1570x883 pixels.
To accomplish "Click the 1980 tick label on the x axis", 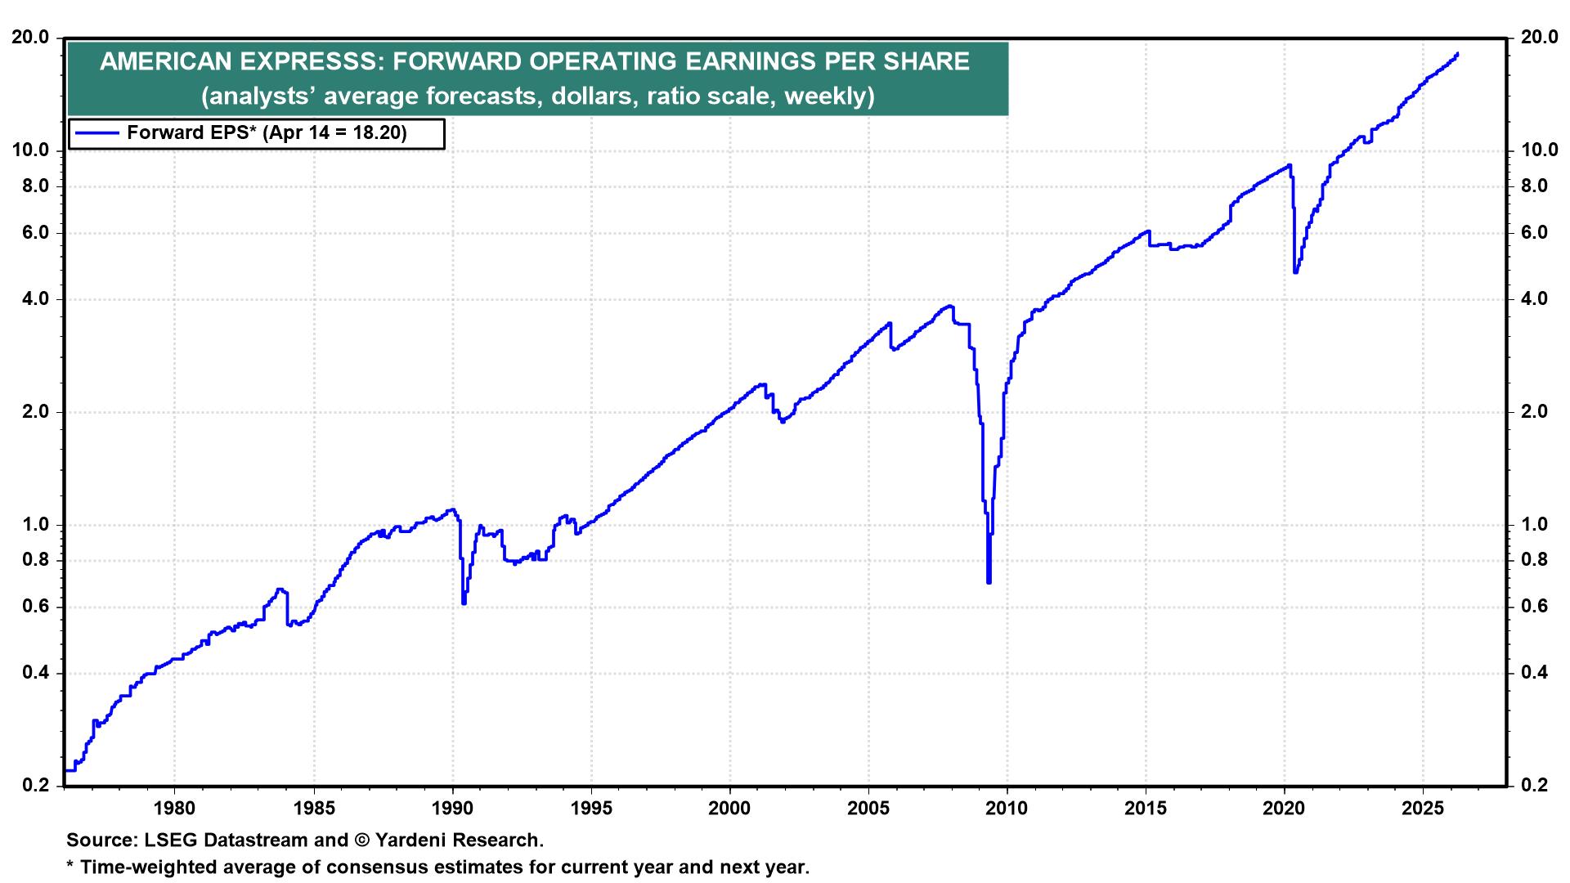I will coord(174,809).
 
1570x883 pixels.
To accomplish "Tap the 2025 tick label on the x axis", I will coord(1423,809).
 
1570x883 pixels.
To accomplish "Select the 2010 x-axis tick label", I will coord(1007,809).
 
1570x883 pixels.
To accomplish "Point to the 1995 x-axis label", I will coord(590,809).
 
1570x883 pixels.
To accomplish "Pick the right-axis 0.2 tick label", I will coord(1535,786).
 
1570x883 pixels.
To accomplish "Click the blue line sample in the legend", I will coord(96,133).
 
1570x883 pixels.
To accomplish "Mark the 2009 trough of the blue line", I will coord(989,581).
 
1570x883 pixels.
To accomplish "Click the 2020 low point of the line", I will coord(1295,271).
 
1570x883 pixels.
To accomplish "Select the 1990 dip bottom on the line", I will coord(464,603).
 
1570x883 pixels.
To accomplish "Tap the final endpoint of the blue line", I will coord(1457,54).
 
